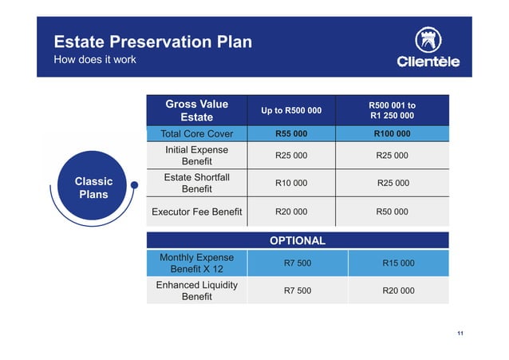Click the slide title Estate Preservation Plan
click(152, 42)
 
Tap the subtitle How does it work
click(94, 60)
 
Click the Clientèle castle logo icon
click(428, 39)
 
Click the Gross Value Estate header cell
click(196, 110)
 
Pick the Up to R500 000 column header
click(292, 110)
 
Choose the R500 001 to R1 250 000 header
click(392, 110)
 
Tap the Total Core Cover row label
click(196, 133)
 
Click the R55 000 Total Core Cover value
click(292, 133)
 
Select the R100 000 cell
click(392, 133)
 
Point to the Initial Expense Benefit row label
click(196, 156)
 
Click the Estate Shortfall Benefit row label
click(196, 183)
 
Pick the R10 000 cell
click(292, 183)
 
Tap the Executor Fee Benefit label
click(196, 212)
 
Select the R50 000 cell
click(392, 212)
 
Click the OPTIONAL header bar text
click(297, 240)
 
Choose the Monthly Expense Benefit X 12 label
click(196, 263)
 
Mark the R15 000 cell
click(398, 263)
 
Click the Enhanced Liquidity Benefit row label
click(196, 291)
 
